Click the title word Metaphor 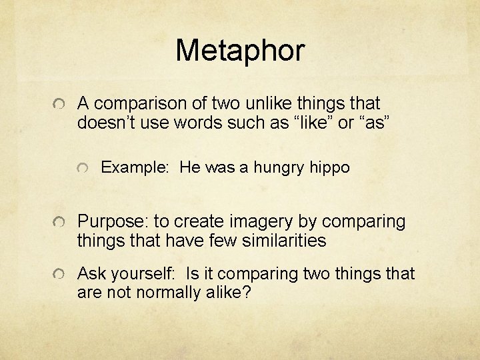[240, 51]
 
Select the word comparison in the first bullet [139, 103]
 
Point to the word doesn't [106, 123]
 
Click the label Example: [135, 168]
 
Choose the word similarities [284, 240]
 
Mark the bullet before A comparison [59, 104]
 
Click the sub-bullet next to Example [83, 168]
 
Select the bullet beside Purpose [59, 221]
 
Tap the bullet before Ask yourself [59, 273]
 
